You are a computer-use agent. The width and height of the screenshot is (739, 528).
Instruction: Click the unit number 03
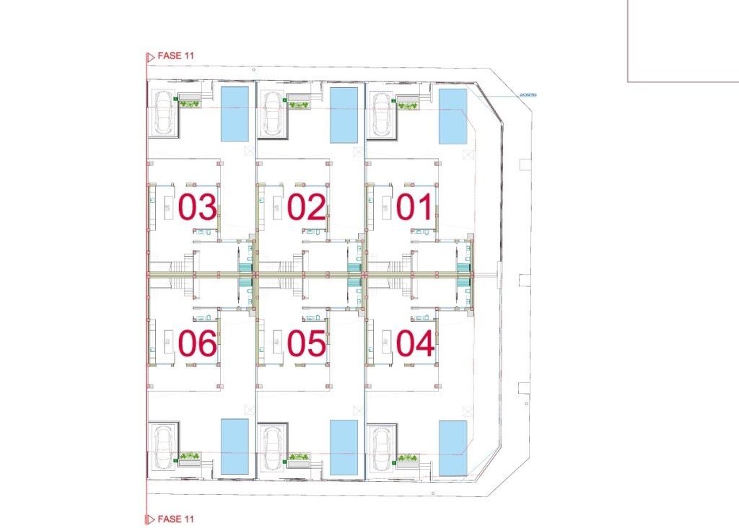pos(198,207)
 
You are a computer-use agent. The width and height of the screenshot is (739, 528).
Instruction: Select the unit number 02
pos(307,207)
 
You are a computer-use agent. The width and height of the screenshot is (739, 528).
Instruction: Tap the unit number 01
pos(416,207)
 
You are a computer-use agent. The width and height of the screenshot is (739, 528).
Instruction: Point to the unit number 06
pos(198,343)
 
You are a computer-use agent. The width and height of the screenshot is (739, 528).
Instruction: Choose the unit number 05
pos(307,343)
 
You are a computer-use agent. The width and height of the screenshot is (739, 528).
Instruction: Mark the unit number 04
pos(416,343)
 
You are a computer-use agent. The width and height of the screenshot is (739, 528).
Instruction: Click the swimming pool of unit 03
pos(235,114)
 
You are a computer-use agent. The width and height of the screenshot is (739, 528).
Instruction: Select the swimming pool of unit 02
pos(344,114)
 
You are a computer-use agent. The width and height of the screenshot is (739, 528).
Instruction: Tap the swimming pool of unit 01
pos(453,115)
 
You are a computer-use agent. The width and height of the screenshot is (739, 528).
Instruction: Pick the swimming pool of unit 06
pos(235,446)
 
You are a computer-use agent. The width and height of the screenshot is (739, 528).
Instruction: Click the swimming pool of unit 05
pos(344,447)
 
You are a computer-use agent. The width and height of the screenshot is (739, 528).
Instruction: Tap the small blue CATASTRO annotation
pos(528,94)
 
